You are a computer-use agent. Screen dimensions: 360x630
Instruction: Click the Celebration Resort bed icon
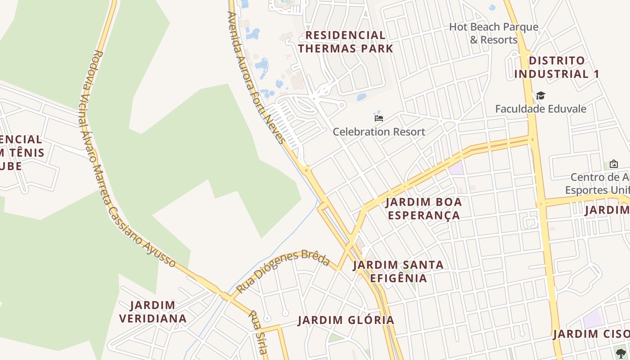click(x=379, y=118)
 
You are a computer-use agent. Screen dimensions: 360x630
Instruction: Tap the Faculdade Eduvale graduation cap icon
click(x=540, y=96)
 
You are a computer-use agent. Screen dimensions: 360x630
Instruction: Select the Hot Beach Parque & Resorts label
click(x=494, y=33)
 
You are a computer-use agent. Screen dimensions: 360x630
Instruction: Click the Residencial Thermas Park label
click(x=346, y=42)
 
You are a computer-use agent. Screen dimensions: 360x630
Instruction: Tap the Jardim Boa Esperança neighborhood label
click(x=424, y=208)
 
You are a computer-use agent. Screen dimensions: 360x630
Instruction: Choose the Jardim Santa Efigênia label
click(x=398, y=271)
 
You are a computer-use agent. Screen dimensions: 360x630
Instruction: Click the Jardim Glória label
click(x=346, y=320)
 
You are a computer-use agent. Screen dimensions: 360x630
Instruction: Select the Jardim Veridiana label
click(x=153, y=312)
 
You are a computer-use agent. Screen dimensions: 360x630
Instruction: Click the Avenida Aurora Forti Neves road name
click(x=257, y=76)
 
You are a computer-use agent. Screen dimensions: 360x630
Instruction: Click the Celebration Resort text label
click(x=379, y=132)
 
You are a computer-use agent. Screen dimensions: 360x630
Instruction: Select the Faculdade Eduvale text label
click(x=540, y=109)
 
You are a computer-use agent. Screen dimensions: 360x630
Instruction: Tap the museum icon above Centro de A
click(x=613, y=164)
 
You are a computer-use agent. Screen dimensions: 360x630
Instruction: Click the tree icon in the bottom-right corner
click(x=621, y=353)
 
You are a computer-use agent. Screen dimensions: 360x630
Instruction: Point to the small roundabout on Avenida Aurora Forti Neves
click(x=306, y=170)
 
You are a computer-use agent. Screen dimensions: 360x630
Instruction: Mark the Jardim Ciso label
click(x=590, y=334)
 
